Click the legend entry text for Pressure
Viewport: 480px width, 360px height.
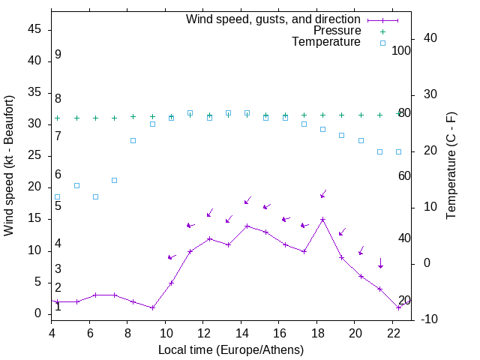click(337, 31)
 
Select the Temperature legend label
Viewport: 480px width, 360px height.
click(326, 42)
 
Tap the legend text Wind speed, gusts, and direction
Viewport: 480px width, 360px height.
click(274, 19)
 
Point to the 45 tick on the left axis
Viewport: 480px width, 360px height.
click(35, 29)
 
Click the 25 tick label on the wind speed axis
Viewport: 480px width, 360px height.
click(35, 155)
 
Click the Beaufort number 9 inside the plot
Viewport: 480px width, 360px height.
click(58, 55)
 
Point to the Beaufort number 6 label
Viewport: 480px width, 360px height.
click(58, 175)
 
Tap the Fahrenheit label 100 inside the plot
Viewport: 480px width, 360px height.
click(402, 50)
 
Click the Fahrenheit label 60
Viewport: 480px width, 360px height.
click(404, 175)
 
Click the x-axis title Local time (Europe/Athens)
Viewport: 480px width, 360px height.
click(231, 349)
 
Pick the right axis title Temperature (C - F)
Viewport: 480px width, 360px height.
click(451, 166)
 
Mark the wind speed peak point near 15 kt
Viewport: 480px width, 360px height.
click(322, 220)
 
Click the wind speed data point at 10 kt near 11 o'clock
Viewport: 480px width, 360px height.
click(190, 251)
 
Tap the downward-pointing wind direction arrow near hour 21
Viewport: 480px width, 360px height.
click(380, 263)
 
